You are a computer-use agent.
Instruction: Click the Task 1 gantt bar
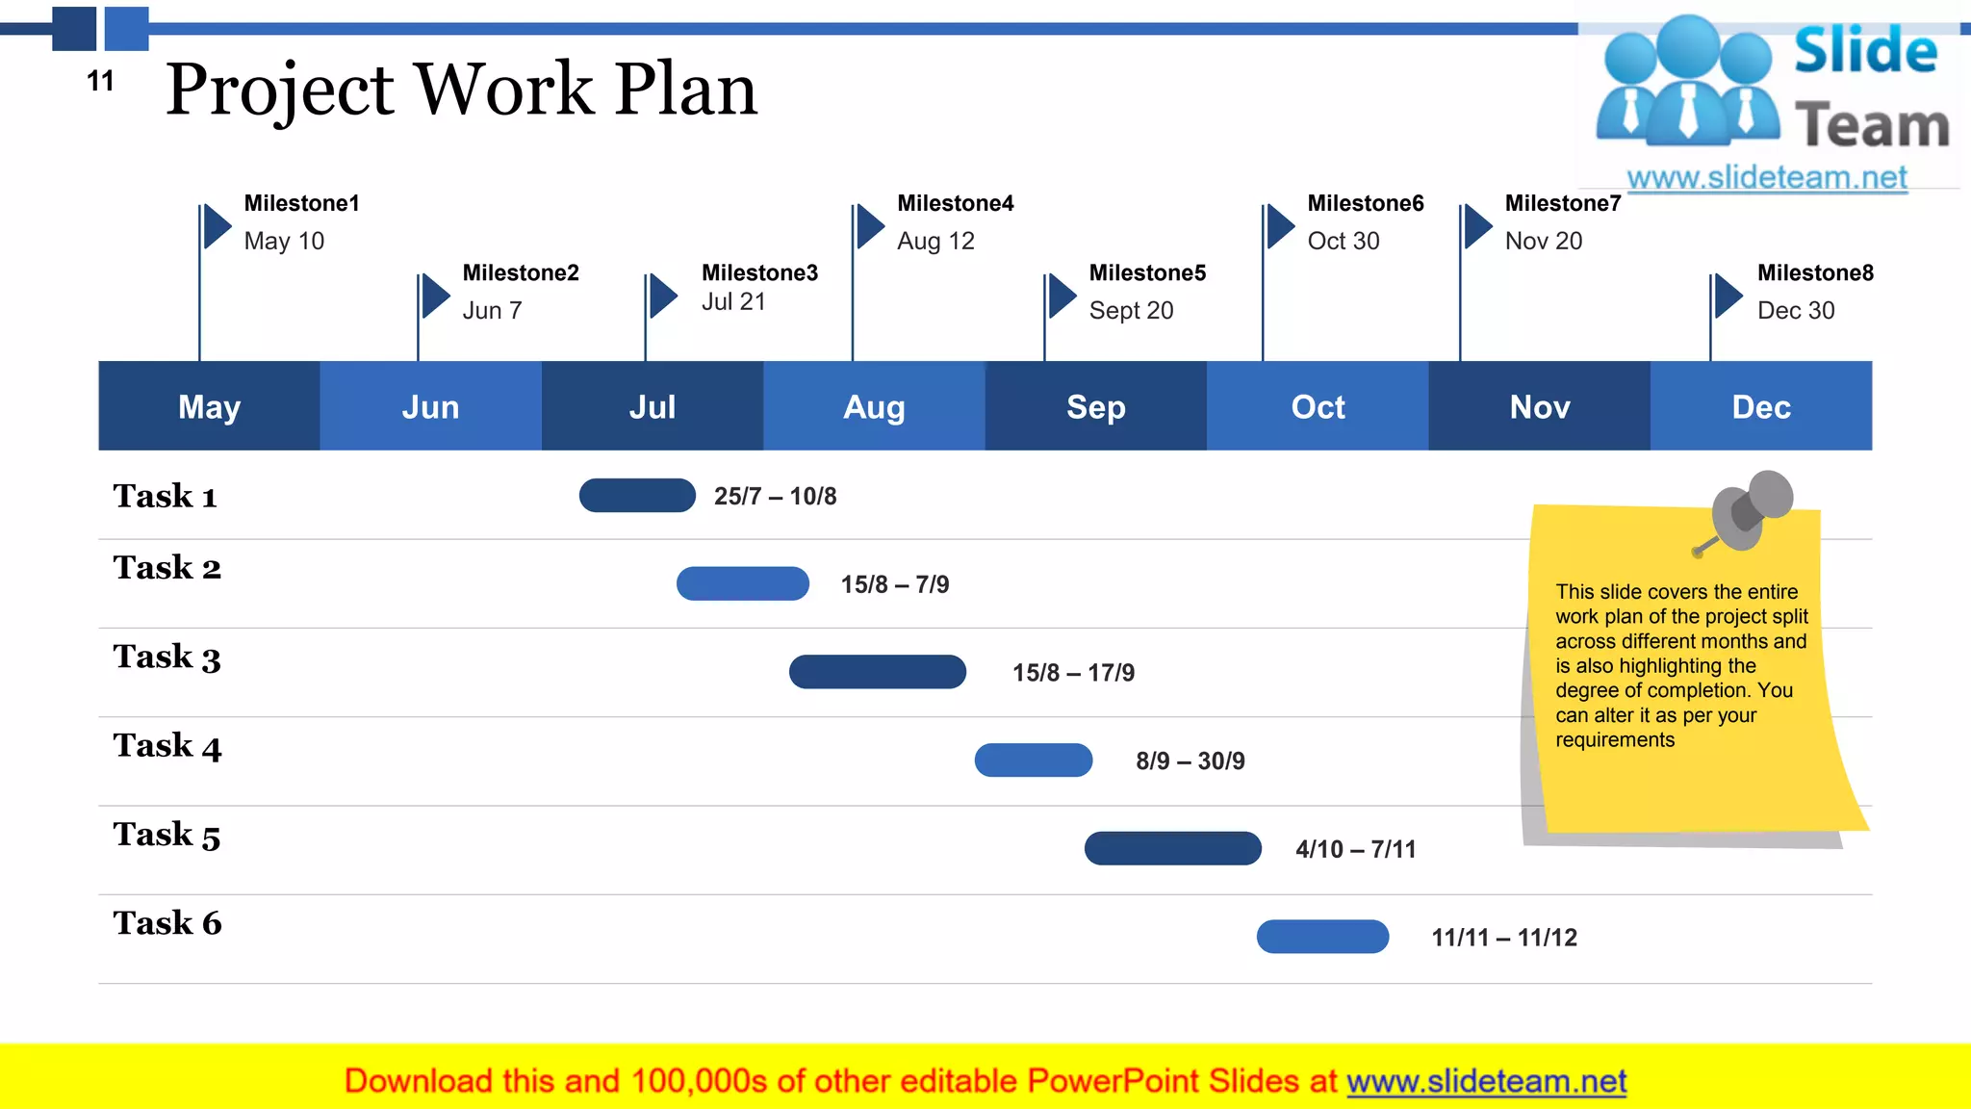(x=637, y=496)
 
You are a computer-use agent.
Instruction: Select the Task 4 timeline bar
(x=1033, y=761)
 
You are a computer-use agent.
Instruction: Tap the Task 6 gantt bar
(x=1322, y=937)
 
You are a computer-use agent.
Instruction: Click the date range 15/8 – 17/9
(x=1073, y=673)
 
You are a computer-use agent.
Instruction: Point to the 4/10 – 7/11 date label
(x=1355, y=849)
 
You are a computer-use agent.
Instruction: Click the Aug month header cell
(x=874, y=406)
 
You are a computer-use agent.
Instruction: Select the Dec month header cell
(x=1761, y=406)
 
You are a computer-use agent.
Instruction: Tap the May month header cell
(x=209, y=406)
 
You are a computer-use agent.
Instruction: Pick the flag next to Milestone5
(x=1061, y=296)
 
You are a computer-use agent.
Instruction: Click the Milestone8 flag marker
(x=1728, y=296)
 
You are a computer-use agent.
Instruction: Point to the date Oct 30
(x=1344, y=241)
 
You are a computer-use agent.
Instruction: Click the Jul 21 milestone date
(x=733, y=302)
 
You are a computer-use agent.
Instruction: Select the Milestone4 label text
(x=955, y=203)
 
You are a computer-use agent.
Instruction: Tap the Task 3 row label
(x=166, y=658)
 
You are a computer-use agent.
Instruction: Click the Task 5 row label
(x=166, y=835)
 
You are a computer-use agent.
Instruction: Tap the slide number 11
(x=100, y=82)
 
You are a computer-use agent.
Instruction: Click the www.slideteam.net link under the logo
(x=1767, y=178)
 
